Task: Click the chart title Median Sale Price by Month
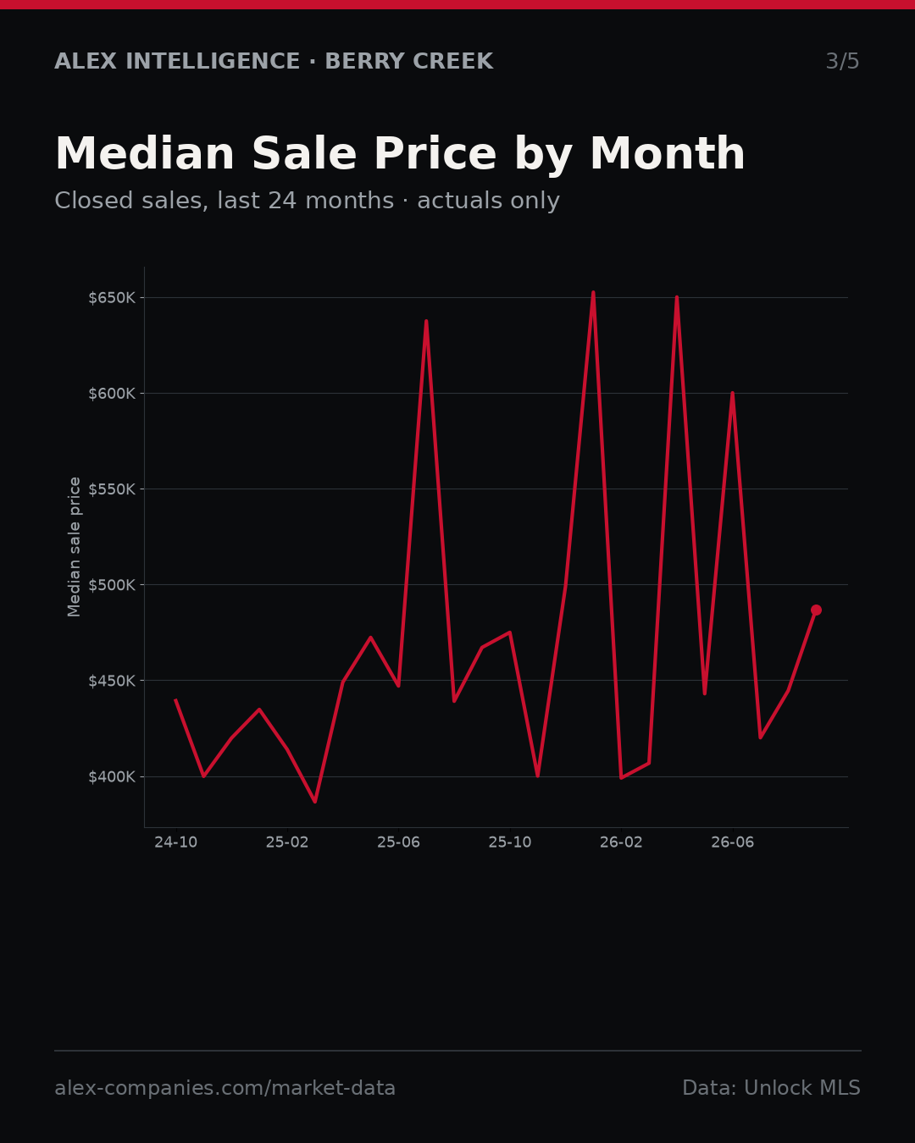click(x=400, y=154)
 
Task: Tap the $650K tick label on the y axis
click(x=112, y=298)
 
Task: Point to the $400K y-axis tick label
click(x=112, y=777)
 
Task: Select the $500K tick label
click(x=112, y=585)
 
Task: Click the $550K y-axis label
click(x=112, y=489)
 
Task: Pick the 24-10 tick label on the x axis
click(x=176, y=842)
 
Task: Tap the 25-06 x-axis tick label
click(x=399, y=842)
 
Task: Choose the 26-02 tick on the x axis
click(x=621, y=842)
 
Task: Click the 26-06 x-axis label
click(x=733, y=842)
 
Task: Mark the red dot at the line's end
click(x=816, y=610)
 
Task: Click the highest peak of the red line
click(x=593, y=293)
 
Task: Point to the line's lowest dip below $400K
click(x=315, y=802)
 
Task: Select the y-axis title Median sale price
click(x=74, y=547)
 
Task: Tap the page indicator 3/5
click(x=843, y=61)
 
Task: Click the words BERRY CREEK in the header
click(x=409, y=61)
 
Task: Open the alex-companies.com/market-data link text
click(x=225, y=1088)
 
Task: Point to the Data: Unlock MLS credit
click(x=772, y=1088)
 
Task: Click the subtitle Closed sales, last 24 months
click(x=225, y=201)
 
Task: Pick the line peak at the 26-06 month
click(x=733, y=394)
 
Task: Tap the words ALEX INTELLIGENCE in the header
click(x=177, y=61)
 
